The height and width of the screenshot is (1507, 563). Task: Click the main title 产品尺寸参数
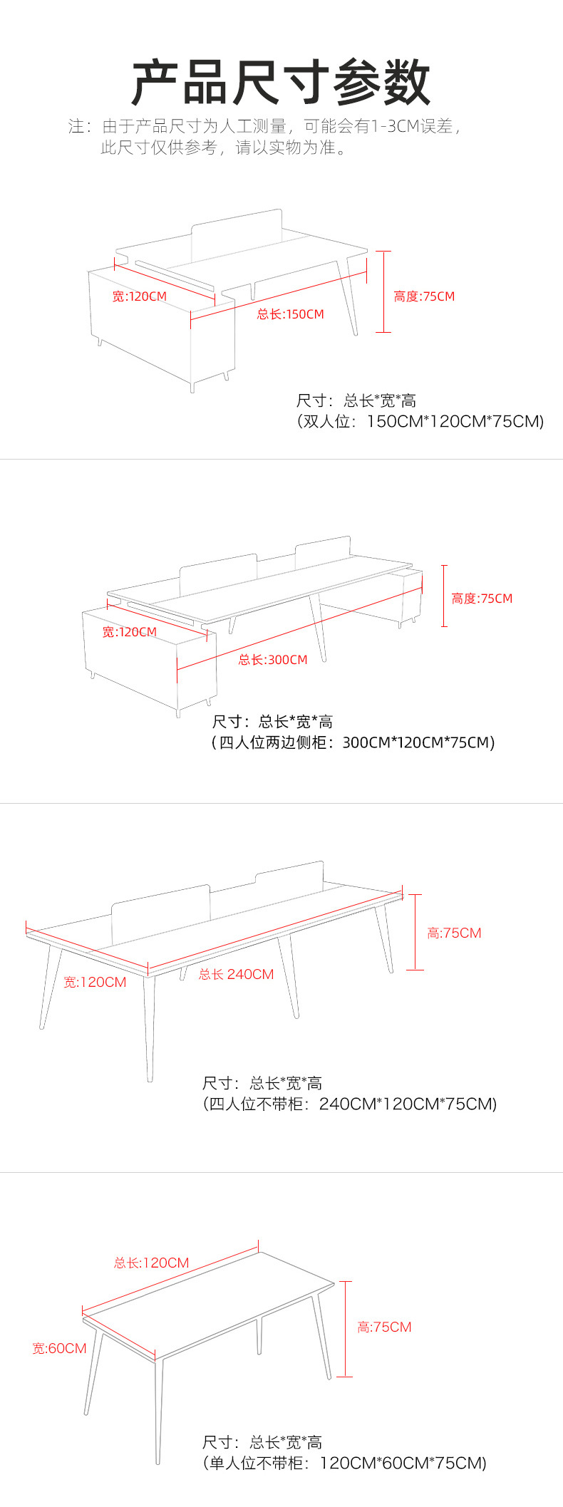pyautogui.click(x=281, y=83)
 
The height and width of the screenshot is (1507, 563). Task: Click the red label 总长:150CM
pyautogui.click(x=290, y=314)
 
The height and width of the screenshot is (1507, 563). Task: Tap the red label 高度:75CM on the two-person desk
pyautogui.click(x=424, y=296)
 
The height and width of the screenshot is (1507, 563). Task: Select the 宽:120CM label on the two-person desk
pyautogui.click(x=139, y=296)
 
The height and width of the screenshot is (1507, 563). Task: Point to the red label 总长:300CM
pyautogui.click(x=273, y=660)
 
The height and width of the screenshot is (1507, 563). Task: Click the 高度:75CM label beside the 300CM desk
pyautogui.click(x=482, y=599)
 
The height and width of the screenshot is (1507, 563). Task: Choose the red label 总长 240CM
pyautogui.click(x=236, y=974)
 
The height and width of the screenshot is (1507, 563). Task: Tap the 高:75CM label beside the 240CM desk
pyautogui.click(x=454, y=933)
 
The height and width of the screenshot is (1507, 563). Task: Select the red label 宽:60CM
pyautogui.click(x=59, y=1348)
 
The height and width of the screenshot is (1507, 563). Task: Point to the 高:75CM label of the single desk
pyautogui.click(x=384, y=1327)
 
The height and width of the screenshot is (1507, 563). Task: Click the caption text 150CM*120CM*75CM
pyautogui.click(x=455, y=421)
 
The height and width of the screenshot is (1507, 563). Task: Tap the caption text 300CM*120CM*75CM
pyautogui.click(x=418, y=742)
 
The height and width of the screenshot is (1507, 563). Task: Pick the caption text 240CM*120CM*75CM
pyautogui.click(x=407, y=1104)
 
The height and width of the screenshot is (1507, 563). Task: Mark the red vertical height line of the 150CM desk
pyautogui.click(x=383, y=291)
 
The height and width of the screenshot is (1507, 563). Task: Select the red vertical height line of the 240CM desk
pyautogui.click(x=415, y=932)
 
